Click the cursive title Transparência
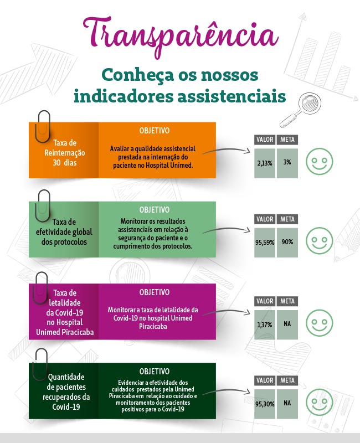(x=181, y=35)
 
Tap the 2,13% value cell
(x=265, y=163)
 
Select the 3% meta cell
(x=287, y=163)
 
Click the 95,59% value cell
(x=265, y=243)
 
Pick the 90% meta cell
(x=287, y=243)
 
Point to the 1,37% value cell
(x=265, y=324)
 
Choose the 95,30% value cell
(x=265, y=404)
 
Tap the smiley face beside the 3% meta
(x=320, y=161)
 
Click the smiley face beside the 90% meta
(x=320, y=241)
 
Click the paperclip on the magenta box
(x=40, y=288)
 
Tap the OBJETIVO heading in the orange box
(x=155, y=131)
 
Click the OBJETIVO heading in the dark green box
(x=155, y=371)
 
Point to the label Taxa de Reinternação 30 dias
(x=65, y=153)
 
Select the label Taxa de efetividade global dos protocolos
(x=64, y=232)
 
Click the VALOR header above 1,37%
(x=265, y=301)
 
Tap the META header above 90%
(x=287, y=219)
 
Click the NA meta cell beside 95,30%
(x=287, y=404)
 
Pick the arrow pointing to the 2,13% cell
(x=226, y=150)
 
